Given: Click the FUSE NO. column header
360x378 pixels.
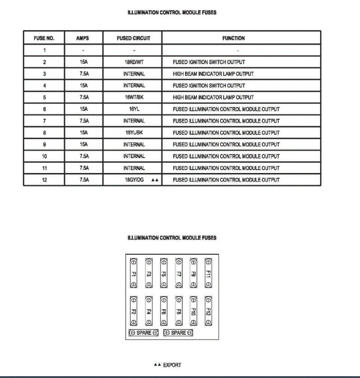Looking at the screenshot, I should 44,38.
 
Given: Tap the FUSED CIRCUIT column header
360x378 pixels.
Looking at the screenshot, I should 133,38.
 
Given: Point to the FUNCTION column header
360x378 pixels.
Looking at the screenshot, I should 234,38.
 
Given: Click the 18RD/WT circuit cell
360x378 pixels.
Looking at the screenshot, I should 134,62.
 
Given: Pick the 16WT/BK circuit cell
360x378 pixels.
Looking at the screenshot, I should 134,97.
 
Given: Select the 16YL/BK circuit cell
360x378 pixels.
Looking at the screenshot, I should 134,133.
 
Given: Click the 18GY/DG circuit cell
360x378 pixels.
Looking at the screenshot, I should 134,180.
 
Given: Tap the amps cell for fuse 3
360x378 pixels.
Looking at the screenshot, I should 84,74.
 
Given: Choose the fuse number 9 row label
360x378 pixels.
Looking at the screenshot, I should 44,145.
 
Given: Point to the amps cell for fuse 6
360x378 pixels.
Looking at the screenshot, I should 84,109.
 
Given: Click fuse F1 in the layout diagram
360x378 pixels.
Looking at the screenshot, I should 134,273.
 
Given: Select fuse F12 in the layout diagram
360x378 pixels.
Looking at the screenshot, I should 208,311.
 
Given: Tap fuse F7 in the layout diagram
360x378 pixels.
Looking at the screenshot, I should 178,273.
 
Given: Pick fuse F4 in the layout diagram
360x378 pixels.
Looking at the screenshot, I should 149,311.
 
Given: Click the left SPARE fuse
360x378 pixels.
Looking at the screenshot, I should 144,333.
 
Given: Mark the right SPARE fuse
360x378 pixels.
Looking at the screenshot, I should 178,333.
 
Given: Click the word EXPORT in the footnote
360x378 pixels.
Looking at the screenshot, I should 172,365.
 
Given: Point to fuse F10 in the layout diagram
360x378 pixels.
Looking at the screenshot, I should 193,311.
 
